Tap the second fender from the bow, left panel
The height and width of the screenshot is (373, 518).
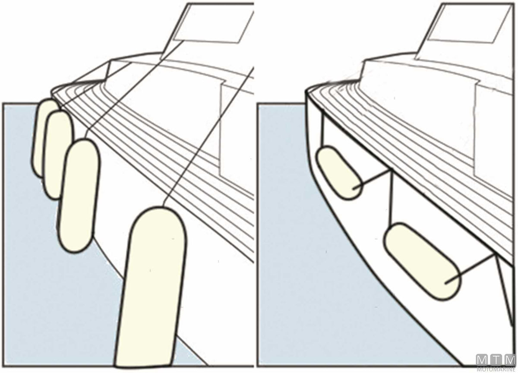pos(58,155)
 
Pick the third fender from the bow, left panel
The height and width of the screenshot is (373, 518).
pos(79,196)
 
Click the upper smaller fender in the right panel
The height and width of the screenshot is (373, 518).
pos(339,173)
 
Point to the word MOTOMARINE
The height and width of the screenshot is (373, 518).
pos(496,369)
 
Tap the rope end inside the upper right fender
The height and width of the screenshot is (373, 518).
pos(353,189)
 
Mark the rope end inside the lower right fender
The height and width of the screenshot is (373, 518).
pos(446,283)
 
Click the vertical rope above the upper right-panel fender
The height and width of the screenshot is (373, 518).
pos(322,131)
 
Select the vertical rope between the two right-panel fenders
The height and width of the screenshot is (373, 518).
pos(391,198)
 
